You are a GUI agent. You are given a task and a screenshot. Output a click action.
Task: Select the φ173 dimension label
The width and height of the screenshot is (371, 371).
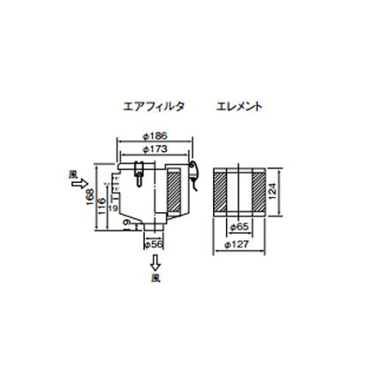coord(155,150)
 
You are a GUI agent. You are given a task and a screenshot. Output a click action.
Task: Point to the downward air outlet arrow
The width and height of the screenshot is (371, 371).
coord(152,261)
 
